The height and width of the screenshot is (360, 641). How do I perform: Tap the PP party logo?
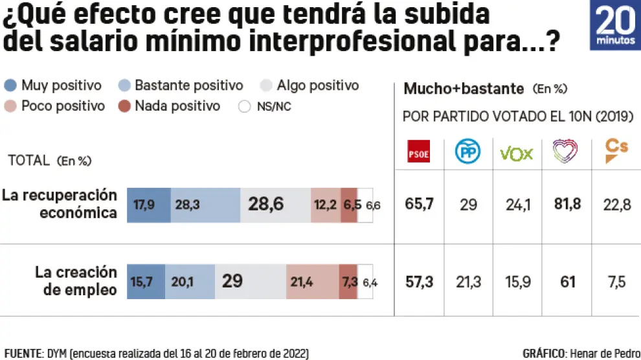[468, 153]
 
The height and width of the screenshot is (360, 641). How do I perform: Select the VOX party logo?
[517, 153]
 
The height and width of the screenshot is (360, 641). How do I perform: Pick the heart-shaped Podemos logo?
[565, 153]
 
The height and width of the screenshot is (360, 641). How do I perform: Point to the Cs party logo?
[616, 153]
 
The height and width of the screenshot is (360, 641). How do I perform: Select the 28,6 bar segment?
[275, 205]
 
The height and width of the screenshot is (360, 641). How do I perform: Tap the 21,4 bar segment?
[312, 281]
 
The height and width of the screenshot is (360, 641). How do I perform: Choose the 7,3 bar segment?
[348, 281]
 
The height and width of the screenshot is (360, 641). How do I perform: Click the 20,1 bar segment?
[190, 281]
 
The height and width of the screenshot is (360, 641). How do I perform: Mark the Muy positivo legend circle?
[10, 85]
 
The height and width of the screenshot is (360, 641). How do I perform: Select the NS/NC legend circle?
[244, 106]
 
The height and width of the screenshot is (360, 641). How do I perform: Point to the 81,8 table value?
[567, 205]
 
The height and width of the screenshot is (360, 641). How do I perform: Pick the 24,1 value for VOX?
[517, 205]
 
